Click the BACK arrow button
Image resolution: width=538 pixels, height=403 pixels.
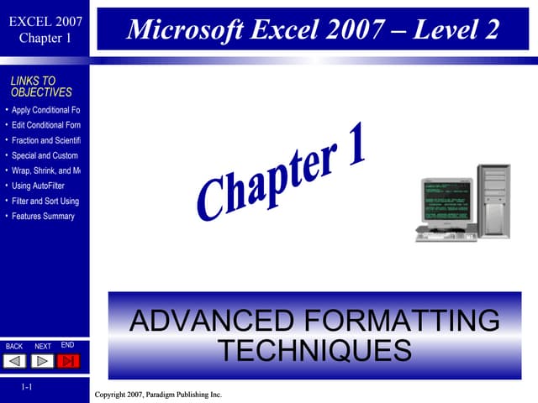15,361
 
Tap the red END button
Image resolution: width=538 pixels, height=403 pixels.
70,361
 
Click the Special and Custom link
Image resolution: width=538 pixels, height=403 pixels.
45,155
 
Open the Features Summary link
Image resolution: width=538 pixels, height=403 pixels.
43,216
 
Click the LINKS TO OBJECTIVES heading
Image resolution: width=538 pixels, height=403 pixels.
41,86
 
